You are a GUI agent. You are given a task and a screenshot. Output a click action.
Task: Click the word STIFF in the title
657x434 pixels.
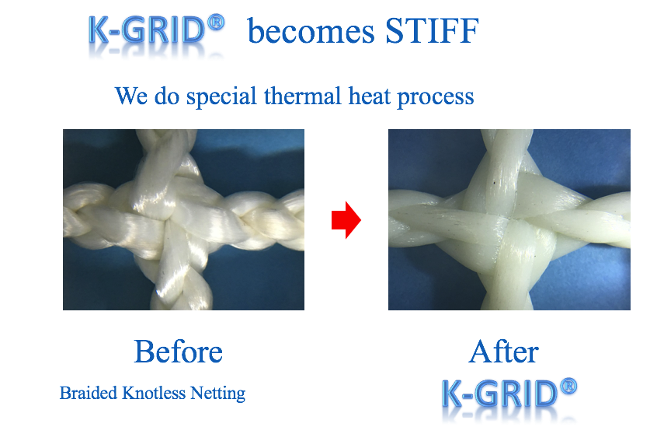coord(432,30)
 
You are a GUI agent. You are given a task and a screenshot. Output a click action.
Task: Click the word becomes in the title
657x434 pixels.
coord(311,32)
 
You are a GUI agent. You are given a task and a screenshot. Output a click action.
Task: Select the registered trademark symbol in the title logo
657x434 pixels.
coord(216,22)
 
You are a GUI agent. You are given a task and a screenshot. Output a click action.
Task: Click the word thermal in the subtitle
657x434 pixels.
coord(303,96)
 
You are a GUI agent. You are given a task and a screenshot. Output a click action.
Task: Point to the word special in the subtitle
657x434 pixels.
coord(221,97)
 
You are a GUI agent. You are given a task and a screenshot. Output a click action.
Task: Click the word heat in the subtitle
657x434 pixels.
coord(369,96)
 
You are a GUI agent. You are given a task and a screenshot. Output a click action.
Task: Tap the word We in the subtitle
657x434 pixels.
coord(131,96)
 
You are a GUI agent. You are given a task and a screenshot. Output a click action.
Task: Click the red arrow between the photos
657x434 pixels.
coord(346,220)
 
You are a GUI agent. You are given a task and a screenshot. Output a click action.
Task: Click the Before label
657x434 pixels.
coord(178,352)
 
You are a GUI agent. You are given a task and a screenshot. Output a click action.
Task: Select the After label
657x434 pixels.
coord(504,352)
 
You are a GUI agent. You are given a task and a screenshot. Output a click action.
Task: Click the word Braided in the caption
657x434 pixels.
coord(88,394)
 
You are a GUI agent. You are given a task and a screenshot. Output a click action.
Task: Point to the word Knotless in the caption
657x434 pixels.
coord(154,394)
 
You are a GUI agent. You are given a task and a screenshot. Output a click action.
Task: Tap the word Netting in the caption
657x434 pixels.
coord(218,394)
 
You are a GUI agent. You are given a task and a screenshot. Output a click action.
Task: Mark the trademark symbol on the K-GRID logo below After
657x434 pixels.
coord(568,386)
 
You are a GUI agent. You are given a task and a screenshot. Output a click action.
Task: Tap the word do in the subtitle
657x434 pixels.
coord(167,96)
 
